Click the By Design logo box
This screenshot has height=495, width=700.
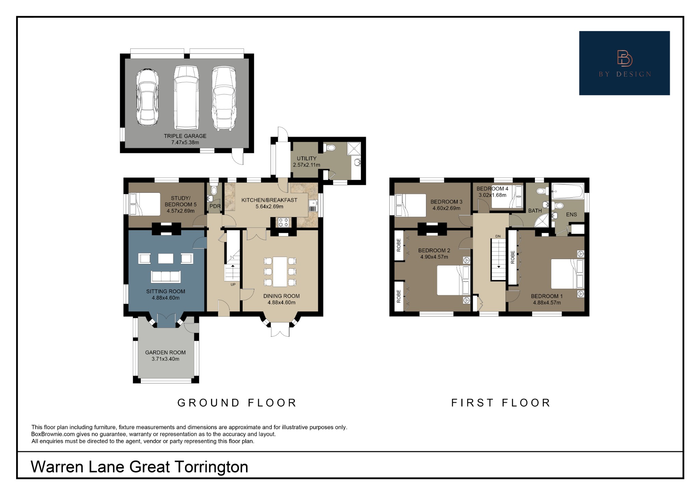click(x=624, y=63)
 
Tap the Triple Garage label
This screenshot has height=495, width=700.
click(x=185, y=136)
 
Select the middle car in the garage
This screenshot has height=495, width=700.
click(x=186, y=97)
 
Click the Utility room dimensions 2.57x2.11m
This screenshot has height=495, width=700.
click(x=306, y=165)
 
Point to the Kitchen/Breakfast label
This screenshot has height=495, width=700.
click(x=269, y=200)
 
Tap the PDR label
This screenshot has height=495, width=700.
click(x=215, y=206)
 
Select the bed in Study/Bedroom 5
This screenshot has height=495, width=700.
click(x=145, y=204)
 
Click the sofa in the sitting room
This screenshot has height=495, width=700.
click(x=166, y=276)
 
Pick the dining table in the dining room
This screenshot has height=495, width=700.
click(x=280, y=272)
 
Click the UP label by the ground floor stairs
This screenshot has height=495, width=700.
click(x=233, y=284)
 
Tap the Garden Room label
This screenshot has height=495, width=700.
click(x=165, y=352)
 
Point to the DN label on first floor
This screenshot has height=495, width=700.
click(x=498, y=236)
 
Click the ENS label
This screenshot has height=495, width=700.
click(x=571, y=215)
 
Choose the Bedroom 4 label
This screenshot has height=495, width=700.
click(x=492, y=189)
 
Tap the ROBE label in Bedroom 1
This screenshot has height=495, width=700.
click(x=513, y=257)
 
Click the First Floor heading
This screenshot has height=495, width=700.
click(x=501, y=403)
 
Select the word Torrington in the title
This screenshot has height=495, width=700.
click(x=211, y=467)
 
